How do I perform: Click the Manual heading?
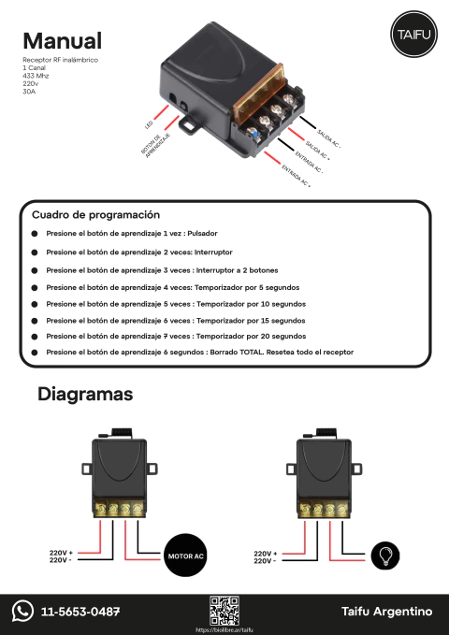click(x=62, y=41)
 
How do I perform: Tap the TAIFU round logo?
click(x=409, y=36)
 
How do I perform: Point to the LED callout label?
click(x=149, y=123)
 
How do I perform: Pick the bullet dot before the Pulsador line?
click(x=35, y=236)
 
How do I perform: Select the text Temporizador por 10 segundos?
click(x=250, y=303)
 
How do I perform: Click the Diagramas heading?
click(x=85, y=395)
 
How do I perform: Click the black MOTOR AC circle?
click(x=185, y=556)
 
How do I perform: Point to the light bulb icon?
click(x=384, y=556)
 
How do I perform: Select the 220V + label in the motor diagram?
click(x=61, y=553)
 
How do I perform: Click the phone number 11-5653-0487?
click(x=80, y=612)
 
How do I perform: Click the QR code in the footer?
click(x=224, y=609)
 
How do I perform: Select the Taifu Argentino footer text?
click(x=387, y=612)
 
